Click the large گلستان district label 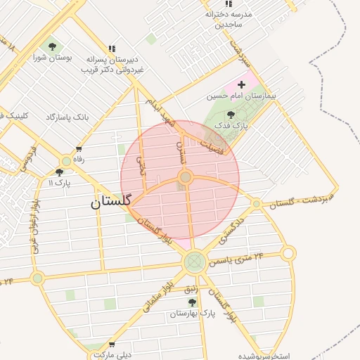(x=112, y=202)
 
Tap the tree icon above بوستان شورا (x=53, y=47)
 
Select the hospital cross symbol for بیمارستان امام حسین (x=242, y=84)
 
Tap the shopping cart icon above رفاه (x=78, y=149)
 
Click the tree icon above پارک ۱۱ (x=59, y=172)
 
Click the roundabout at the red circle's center (x=186, y=177)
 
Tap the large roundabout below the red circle (x=195, y=262)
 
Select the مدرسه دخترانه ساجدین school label (x=223, y=19)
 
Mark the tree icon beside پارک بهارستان (x=192, y=302)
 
